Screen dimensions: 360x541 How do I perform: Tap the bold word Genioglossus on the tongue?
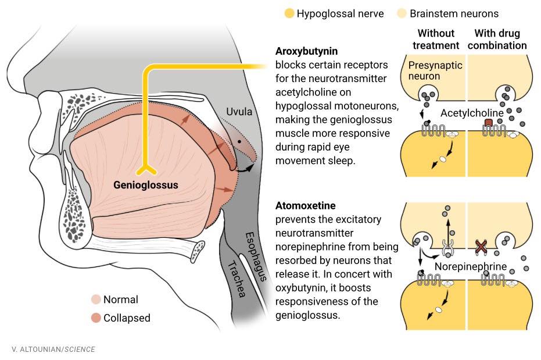point(145,186)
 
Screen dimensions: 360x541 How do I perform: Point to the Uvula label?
point(239,111)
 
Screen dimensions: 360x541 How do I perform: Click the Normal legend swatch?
point(96,300)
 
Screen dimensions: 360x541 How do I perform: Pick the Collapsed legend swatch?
point(96,318)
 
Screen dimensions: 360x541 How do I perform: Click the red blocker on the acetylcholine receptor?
point(488,123)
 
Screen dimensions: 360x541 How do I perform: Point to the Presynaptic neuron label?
point(435,70)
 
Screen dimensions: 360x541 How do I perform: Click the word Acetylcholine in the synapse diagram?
point(471,112)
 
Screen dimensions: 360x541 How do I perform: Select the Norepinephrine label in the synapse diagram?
point(471,267)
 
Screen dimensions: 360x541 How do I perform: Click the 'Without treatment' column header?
point(436,39)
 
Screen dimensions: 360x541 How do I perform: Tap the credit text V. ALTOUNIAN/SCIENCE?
point(53,349)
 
